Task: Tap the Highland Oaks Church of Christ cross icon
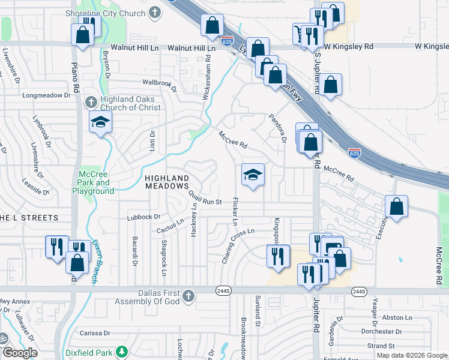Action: tap(91, 101)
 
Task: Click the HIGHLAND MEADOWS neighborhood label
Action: tap(167, 182)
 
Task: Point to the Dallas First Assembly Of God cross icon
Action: tap(188, 296)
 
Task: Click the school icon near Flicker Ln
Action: tap(253, 175)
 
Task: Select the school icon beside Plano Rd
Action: tap(101, 122)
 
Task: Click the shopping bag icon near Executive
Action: tap(397, 207)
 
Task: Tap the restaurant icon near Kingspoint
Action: tap(278, 256)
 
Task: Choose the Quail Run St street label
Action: tap(205, 197)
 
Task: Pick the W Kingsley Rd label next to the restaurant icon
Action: tap(349, 46)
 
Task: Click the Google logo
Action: tap(19, 353)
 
